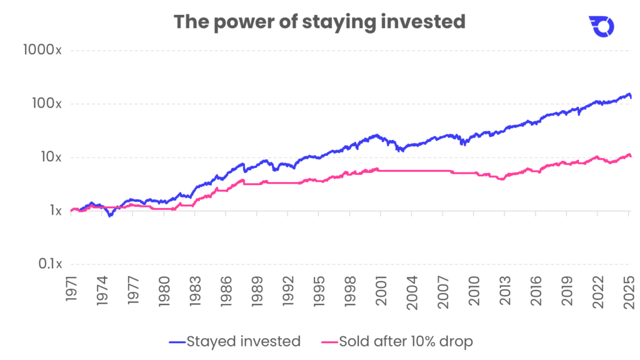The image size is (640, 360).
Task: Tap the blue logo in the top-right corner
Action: (x=602, y=26)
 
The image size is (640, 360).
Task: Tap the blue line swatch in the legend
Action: (x=177, y=342)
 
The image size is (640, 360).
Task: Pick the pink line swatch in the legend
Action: (x=329, y=342)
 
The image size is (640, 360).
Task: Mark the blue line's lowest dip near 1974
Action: (x=111, y=216)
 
